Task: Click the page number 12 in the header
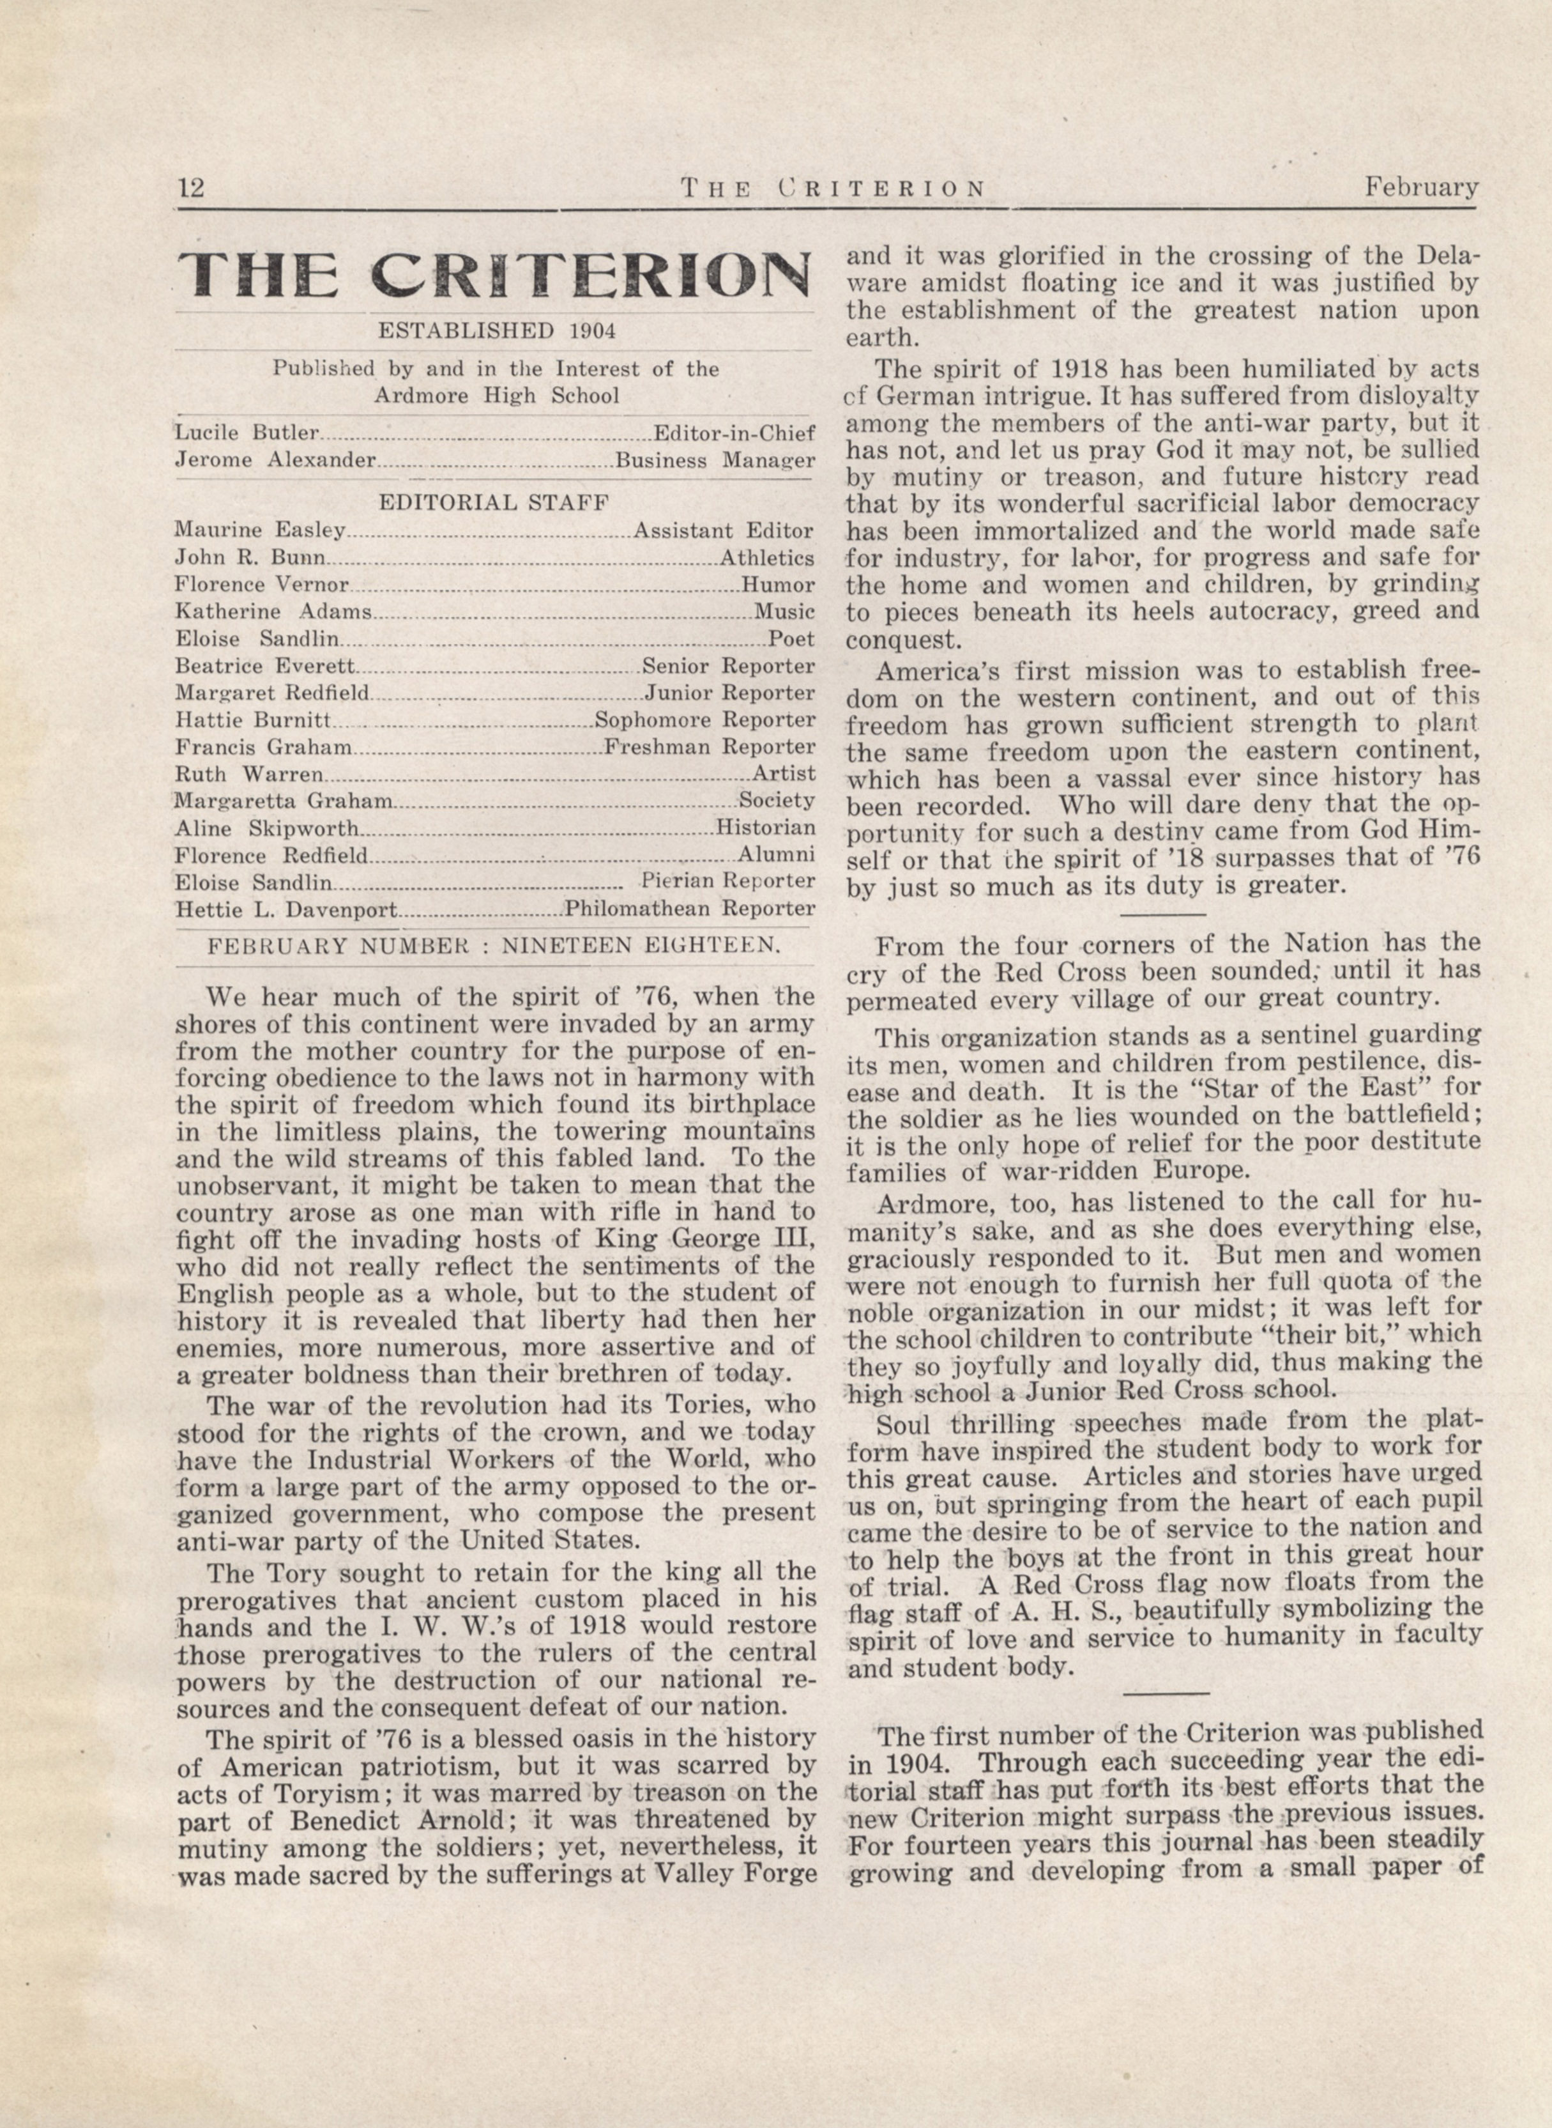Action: pyautogui.click(x=191, y=188)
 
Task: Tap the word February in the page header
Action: pyautogui.click(x=1422, y=188)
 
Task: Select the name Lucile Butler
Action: pyautogui.click(x=247, y=433)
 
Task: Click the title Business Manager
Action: pyautogui.click(x=714, y=461)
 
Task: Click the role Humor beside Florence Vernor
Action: pyautogui.click(x=777, y=585)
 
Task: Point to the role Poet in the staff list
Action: pyautogui.click(x=791, y=639)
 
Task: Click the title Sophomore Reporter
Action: pyautogui.click(x=704, y=721)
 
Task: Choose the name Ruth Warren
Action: pyautogui.click(x=249, y=775)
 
